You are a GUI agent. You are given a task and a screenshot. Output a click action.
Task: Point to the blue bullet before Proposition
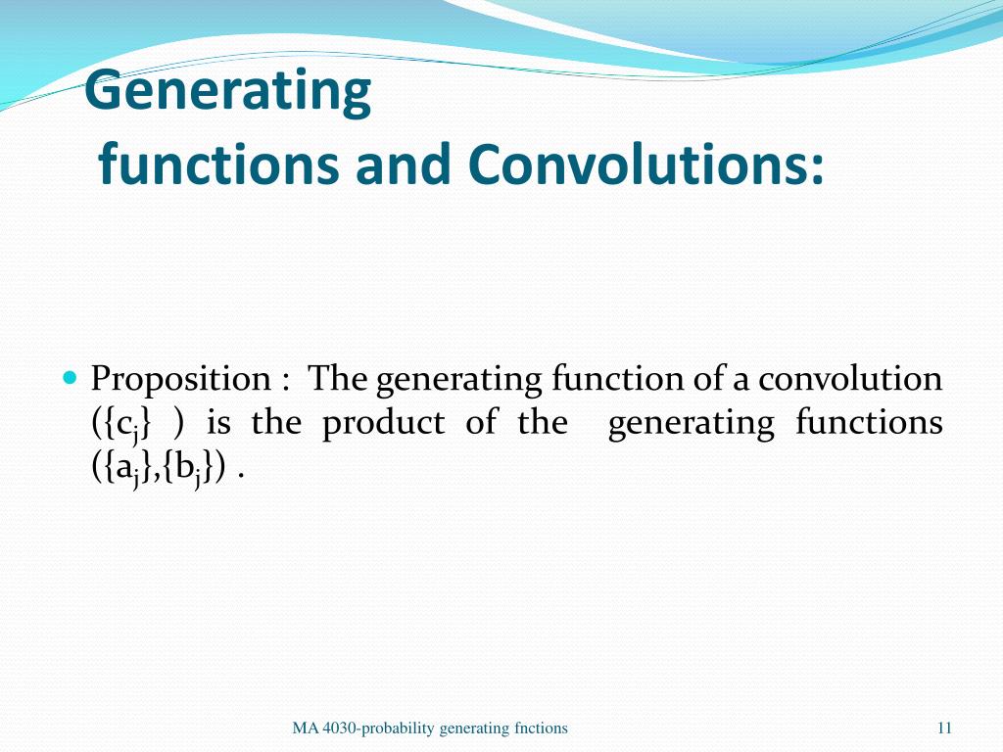(69, 377)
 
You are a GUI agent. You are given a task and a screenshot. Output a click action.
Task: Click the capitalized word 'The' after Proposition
(338, 378)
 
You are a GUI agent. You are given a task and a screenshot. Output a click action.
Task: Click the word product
(383, 424)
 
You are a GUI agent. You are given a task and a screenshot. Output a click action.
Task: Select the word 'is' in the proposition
(218, 423)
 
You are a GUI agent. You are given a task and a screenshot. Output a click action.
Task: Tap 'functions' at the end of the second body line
(868, 423)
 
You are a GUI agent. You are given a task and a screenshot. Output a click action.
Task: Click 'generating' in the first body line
(460, 379)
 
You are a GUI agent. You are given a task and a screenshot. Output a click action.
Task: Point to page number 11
(944, 728)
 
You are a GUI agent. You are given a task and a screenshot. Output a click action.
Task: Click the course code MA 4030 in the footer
(327, 728)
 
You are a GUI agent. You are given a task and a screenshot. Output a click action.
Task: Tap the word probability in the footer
(401, 728)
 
